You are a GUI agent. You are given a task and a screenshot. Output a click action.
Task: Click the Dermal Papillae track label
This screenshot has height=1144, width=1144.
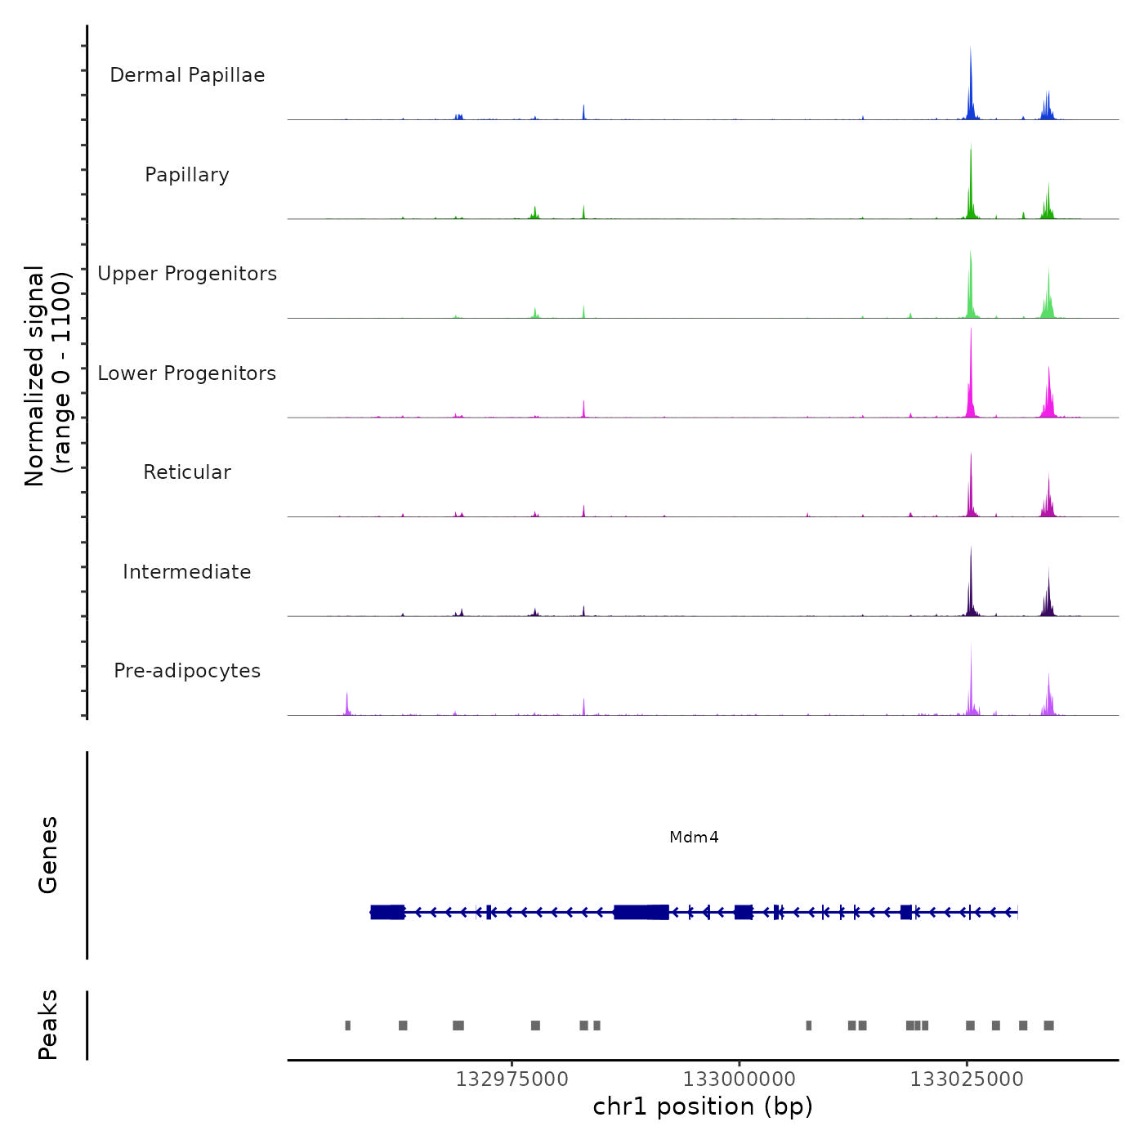tap(187, 75)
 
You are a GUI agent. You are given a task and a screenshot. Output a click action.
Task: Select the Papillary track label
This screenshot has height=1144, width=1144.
tap(187, 175)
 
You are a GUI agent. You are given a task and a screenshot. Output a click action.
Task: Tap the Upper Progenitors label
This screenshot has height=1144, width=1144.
tap(187, 274)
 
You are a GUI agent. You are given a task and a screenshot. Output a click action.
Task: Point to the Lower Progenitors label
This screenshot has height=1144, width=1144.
tap(187, 373)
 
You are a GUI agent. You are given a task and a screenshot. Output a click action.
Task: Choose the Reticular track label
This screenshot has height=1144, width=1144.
tap(187, 472)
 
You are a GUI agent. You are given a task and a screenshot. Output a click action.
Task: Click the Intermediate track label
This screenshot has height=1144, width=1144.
tap(187, 572)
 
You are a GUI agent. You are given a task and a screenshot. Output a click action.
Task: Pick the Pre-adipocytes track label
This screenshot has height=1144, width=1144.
tap(187, 671)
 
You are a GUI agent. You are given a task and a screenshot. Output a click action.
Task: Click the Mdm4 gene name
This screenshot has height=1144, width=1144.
tap(694, 837)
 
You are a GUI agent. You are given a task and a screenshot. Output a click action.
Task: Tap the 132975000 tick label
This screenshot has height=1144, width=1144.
tap(512, 1079)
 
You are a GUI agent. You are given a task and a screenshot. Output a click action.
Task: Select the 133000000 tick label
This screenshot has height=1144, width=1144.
tap(739, 1079)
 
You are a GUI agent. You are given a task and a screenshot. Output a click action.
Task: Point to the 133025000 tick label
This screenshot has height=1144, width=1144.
tap(967, 1079)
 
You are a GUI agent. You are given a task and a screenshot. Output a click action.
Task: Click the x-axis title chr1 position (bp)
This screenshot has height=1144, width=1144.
tap(703, 1106)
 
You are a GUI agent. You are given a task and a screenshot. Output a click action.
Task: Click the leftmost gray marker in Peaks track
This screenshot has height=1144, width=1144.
tap(348, 1026)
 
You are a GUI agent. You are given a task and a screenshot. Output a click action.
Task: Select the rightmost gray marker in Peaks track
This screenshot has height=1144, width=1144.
tap(1049, 1026)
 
